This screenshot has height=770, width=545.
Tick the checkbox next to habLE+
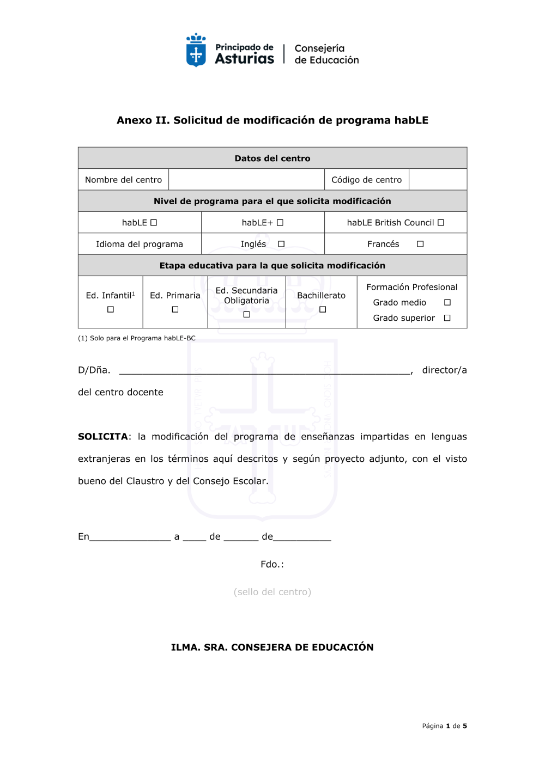click(x=280, y=223)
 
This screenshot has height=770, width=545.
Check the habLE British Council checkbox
click(x=441, y=223)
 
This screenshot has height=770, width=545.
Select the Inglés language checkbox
click(x=281, y=244)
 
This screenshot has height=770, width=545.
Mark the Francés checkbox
click(x=420, y=244)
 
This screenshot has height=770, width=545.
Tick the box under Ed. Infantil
click(x=111, y=309)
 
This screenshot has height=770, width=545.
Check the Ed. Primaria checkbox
click(x=175, y=309)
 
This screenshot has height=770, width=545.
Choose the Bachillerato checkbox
click(x=323, y=309)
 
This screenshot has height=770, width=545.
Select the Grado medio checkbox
click(x=447, y=302)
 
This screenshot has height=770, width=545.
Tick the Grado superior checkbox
click(x=447, y=318)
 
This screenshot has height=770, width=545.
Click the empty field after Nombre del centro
click(x=246, y=180)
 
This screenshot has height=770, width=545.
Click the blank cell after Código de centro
click(x=438, y=180)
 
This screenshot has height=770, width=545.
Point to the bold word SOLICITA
click(x=103, y=437)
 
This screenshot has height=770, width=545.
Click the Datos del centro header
click(x=272, y=158)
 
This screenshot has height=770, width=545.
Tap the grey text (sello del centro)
click(x=272, y=592)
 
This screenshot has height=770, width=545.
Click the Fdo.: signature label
click(x=272, y=564)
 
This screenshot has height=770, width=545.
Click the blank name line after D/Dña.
click(x=264, y=370)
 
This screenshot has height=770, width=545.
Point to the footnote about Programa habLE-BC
click(x=137, y=338)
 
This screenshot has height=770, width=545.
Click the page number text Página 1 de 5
click(x=444, y=726)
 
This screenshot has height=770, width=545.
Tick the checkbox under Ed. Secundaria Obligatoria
click(x=246, y=314)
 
